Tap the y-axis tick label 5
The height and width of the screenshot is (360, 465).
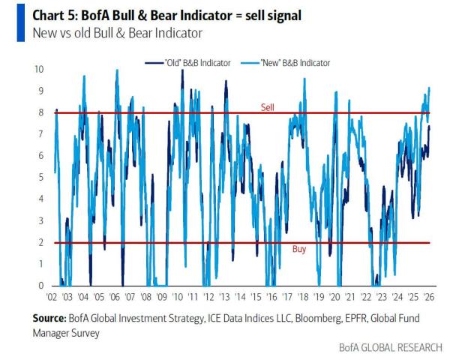(x=41, y=178)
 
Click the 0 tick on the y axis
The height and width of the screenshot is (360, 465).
(x=41, y=286)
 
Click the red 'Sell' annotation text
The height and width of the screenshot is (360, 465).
(x=268, y=107)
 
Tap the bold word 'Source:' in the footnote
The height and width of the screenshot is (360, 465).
(x=49, y=318)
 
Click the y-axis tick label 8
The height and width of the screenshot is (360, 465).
(x=41, y=112)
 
